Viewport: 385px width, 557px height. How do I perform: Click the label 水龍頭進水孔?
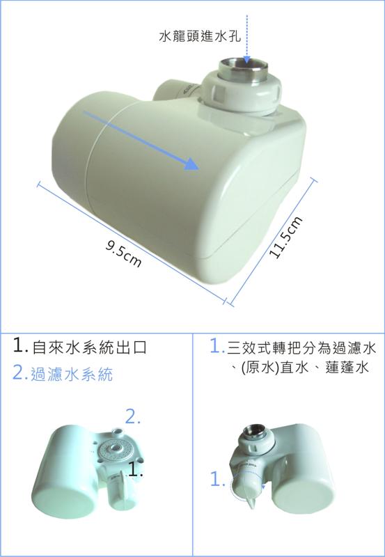click(x=200, y=37)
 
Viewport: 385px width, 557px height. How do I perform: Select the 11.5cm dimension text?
click(x=286, y=237)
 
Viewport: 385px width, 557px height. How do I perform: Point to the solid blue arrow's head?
click(x=191, y=164)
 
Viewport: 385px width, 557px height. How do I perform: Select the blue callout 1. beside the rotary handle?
click(x=218, y=480)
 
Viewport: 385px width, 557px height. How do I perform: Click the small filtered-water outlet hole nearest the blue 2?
click(x=116, y=431)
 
